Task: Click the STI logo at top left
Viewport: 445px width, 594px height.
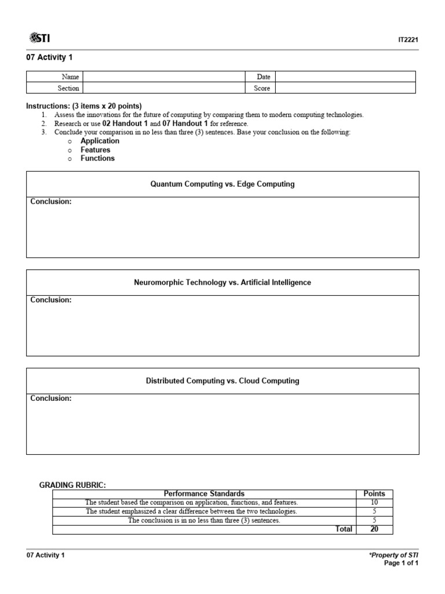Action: coord(39,38)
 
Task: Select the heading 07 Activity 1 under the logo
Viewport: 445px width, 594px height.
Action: coord(49,57)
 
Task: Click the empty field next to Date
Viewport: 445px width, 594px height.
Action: coord(345,77)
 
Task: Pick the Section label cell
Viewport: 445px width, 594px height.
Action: coord(68,88)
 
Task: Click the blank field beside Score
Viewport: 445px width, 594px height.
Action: coord(345,88)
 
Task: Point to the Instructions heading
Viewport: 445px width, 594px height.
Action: coord(83,106)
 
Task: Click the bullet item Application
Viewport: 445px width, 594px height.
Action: coord(100,141)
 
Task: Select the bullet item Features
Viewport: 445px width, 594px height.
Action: coord(95,150)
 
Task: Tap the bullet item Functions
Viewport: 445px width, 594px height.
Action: coord(97,158)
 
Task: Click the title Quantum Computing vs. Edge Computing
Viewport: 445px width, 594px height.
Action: coord(222,184)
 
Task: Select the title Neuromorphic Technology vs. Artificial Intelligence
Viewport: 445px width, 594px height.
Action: coord(222,282)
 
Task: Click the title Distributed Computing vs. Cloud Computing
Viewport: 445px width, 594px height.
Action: coord(222,381)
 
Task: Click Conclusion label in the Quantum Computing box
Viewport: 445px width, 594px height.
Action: coord(50,202)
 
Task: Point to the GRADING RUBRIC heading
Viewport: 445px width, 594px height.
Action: coord(72,484)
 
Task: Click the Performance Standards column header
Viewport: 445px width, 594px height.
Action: coord(204,494)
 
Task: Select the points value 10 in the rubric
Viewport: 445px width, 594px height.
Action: coord(374,502)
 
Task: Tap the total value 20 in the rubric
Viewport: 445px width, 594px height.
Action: coord(374,529)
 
